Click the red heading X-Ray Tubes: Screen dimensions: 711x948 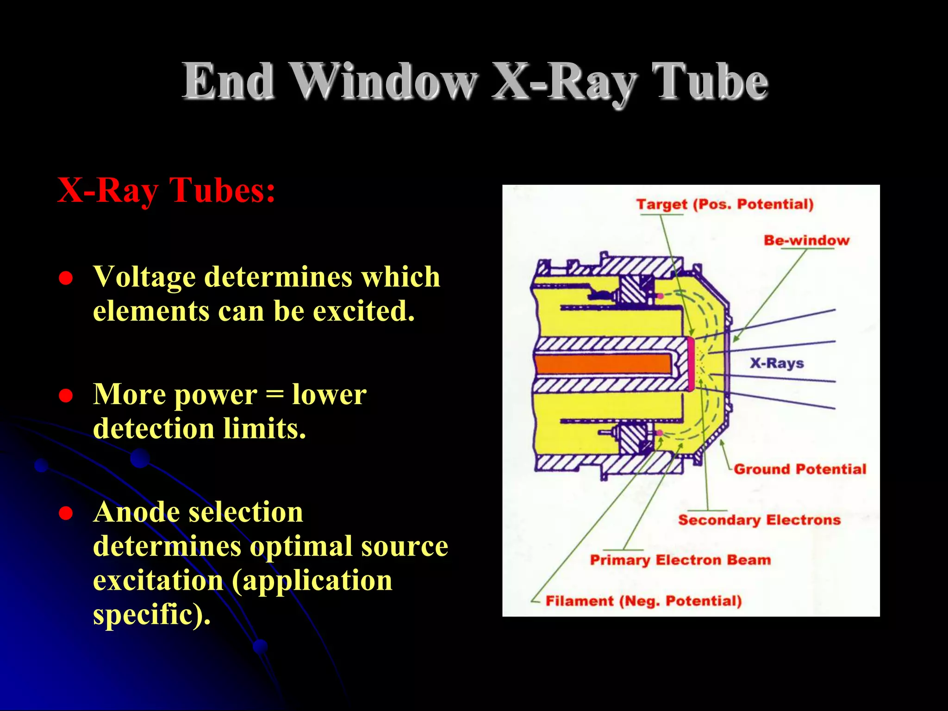click(166, 190)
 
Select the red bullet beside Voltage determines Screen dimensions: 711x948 click(66, 278)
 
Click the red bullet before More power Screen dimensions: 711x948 click(66, 396)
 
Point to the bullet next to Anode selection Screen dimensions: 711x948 click(66, 513)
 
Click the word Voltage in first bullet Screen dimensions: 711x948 click(144, 277)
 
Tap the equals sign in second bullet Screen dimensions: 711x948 click(274, 395)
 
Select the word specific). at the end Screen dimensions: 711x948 click(152, 614)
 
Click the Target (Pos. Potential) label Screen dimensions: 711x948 click(724, 204)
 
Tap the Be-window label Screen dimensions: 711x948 click(806, 240)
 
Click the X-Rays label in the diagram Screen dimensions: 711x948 click(777, 363)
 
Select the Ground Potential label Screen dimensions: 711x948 click(800, 469)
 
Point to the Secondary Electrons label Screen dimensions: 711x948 click(759, 520)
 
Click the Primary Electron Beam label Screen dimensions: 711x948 click(680, 560)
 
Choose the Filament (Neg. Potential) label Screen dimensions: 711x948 click(643, 601)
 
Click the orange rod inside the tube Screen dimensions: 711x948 click(602, 364)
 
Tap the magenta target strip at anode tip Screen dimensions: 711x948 click(691, 364)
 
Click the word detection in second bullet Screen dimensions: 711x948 click(154, 429)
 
